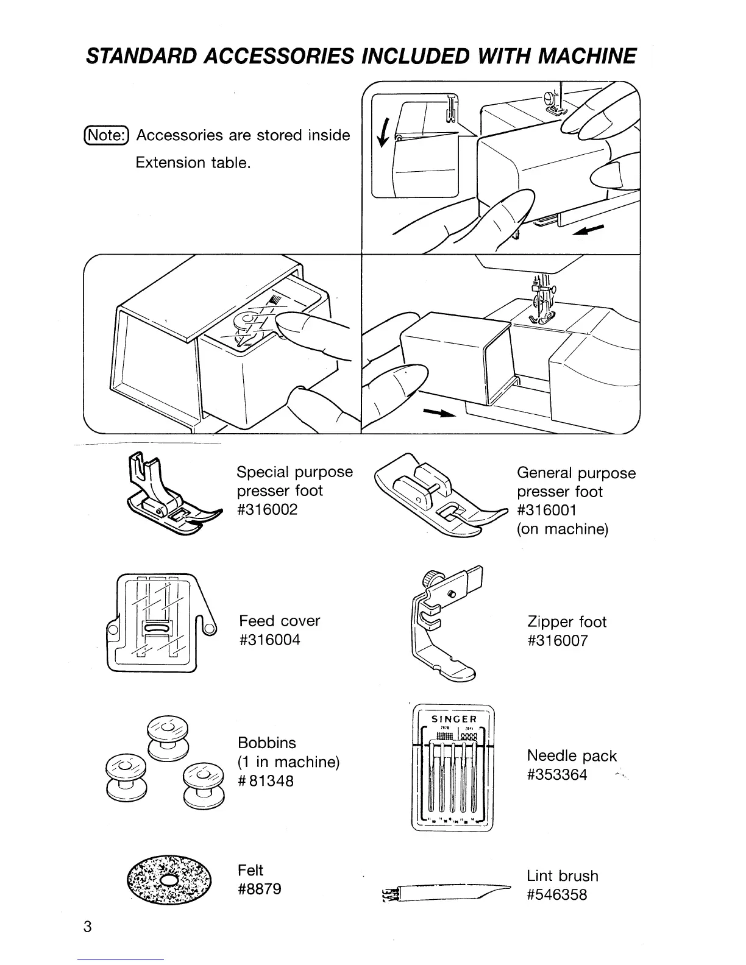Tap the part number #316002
tap(267, 510)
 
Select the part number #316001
tap(547, 511)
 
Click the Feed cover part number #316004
tap(269, 640)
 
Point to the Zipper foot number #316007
tap(558, 641)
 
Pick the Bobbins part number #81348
tap(266, 780)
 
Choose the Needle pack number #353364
tap(557, 775)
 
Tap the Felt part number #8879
tap(260, 889)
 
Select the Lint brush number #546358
tap(557, 895)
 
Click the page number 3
tap(88, 927)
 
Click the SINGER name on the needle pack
tap(453, 719)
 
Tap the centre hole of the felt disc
tap(170, 881)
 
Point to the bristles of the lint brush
tap(388, 894)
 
